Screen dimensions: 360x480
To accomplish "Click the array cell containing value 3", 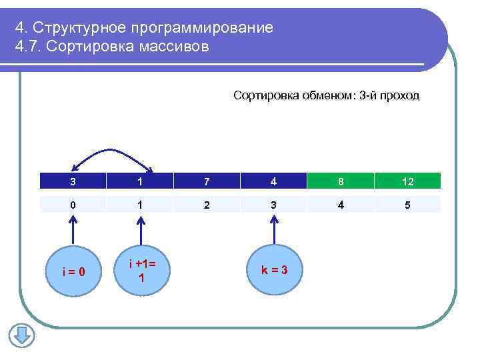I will [73, 181].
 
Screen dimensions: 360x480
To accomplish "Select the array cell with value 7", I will [207, 181].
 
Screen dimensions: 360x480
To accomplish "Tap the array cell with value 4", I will [273, 181].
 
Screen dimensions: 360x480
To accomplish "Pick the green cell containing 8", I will [341, 181].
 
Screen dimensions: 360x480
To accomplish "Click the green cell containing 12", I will [407, 181].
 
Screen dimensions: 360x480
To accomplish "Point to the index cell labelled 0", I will [73, 205].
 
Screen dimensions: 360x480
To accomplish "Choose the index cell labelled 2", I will [207, 205].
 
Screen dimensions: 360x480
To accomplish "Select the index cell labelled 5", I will [407, 205].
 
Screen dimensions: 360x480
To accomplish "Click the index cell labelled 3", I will [273, 205].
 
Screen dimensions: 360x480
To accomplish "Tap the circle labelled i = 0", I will [73, 271].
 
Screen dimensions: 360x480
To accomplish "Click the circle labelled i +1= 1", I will [141, 271].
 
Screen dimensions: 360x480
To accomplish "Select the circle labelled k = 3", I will [273, 269].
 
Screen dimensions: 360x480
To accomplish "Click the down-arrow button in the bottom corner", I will [21, 335].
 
